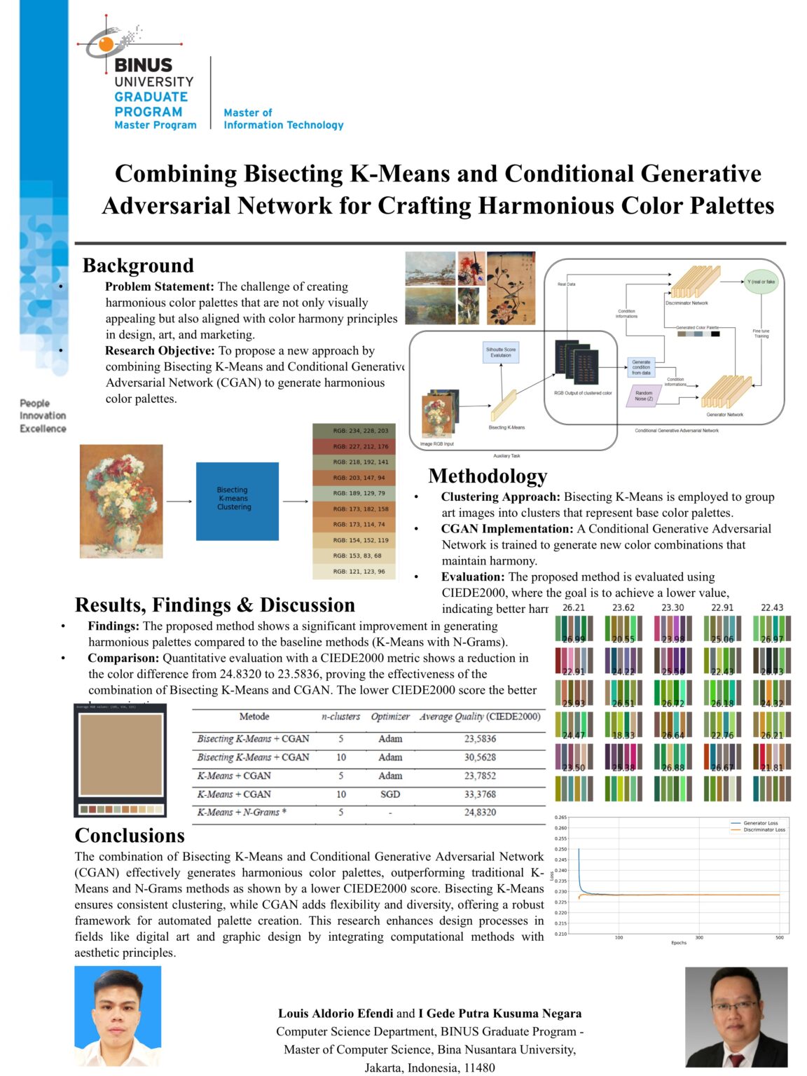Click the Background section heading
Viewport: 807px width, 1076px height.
[138, 265]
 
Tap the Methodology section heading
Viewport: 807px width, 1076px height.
[488, 476]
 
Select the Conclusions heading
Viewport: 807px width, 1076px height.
[130, 836]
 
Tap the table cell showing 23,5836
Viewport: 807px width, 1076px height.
[480, 739]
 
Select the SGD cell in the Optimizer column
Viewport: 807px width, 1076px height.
[390, 794]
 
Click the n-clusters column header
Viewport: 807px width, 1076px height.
[340, 717]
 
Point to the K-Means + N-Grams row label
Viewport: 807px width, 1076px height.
[242, 813]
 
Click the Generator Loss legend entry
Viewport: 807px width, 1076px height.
[760, 823]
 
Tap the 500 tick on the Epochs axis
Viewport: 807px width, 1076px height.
[779, 937]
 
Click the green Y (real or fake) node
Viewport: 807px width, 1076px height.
[761, 282]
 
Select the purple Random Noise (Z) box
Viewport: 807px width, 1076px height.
[644, 396]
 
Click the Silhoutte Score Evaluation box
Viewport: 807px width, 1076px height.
[501, 352]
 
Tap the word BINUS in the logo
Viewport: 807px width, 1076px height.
[143, 65]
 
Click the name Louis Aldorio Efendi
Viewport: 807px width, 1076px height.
[336, 1014]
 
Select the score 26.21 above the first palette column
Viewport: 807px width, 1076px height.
[573, 608]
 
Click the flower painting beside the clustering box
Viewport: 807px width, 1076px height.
[121, 501]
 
